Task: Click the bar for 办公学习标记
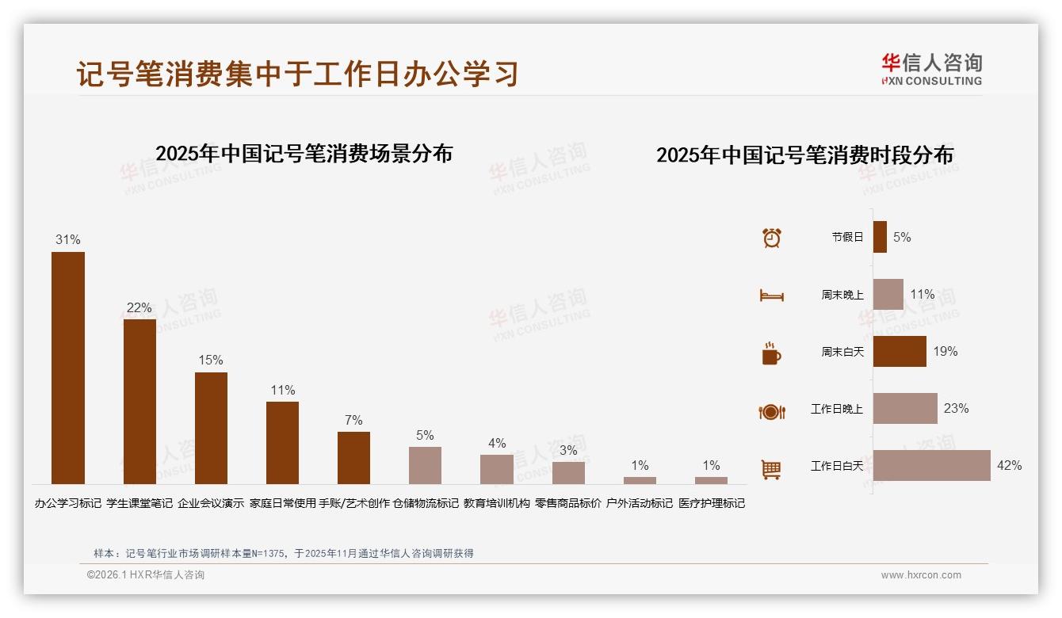tap(68, 368)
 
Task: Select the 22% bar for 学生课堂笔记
tap(139, 401)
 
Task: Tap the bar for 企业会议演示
tap(211, 428)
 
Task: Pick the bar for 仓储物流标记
tap(425, 465)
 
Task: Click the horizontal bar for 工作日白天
tap(931, 465)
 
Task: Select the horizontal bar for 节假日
tap(880, 237)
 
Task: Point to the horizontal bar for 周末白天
tap(900, 351)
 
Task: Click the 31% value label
tap(68, 239)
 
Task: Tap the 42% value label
tap(1009, 465)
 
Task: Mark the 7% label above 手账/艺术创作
tap(353, 420)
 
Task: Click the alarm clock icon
tap(771, 238)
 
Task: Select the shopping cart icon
tap(771, 469)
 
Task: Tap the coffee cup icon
tap(771, 353)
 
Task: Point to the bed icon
tap(771, 296)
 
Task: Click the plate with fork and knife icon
tap(771, 411)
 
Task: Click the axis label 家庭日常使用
tap(282, 503)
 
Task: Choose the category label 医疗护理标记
tap(712, 503)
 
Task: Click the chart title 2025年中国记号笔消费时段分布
tap(804, 154)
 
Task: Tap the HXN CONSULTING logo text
tap(931, 81)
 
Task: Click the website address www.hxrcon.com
tap(921, 575)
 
